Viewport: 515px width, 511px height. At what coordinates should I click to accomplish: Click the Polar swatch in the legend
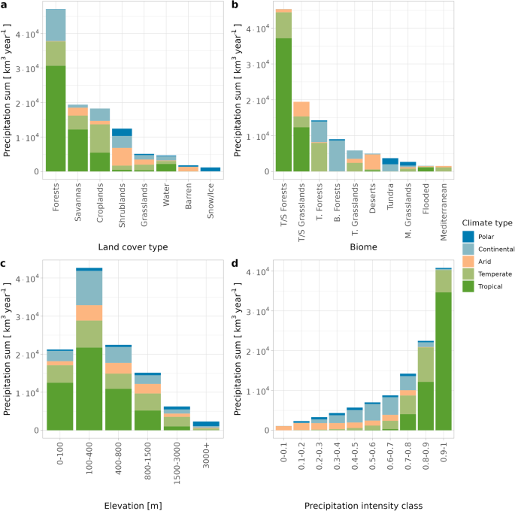[468, 235]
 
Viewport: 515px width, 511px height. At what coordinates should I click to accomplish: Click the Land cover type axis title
[133, 246]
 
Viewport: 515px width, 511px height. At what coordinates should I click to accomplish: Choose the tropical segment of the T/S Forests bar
[283, 104]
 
